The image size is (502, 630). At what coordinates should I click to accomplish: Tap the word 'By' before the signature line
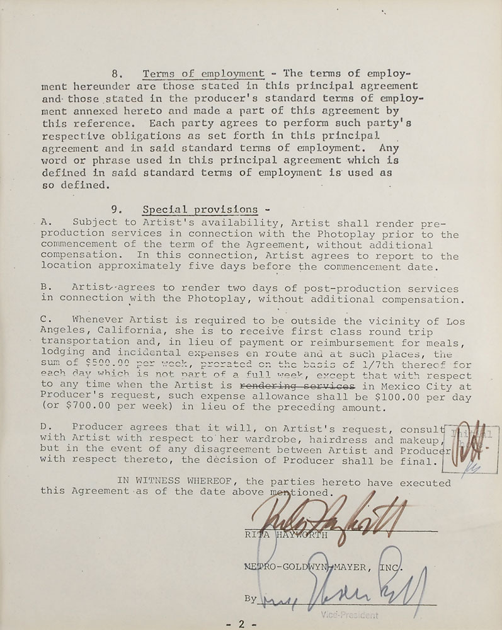[x=251, y=598]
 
